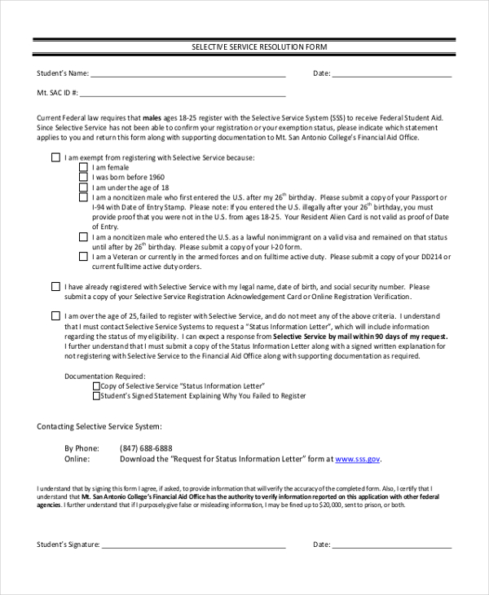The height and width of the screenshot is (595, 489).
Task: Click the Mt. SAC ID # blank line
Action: tap(183, 94)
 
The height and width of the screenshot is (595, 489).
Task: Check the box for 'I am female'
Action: tap(83, 167)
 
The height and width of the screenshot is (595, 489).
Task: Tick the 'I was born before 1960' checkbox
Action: tap(83, 177)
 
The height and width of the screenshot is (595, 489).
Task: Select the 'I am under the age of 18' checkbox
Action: tap(83, 187)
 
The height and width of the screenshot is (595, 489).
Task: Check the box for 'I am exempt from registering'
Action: tap(55, 157)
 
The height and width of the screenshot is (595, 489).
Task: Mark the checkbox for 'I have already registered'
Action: tap(55, 287)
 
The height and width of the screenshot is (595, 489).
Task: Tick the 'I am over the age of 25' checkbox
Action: tap(55, 316)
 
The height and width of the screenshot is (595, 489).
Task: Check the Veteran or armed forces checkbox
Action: tap(83, 256)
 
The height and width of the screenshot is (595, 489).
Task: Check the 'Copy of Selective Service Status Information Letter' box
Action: tap(96, 386)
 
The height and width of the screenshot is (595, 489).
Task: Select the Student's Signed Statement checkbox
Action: tap(96, 396)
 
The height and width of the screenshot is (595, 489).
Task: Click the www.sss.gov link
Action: tap(358, 459)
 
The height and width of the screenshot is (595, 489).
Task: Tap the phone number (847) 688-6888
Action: tap(146, 448)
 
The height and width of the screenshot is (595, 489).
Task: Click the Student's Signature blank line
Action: tap(193, 544)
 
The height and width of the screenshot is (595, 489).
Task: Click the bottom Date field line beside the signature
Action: tap(391, 544)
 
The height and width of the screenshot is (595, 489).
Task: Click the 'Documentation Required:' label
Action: tap(104, 377)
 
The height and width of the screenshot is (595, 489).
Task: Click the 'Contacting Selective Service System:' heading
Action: tap(99, 426)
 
